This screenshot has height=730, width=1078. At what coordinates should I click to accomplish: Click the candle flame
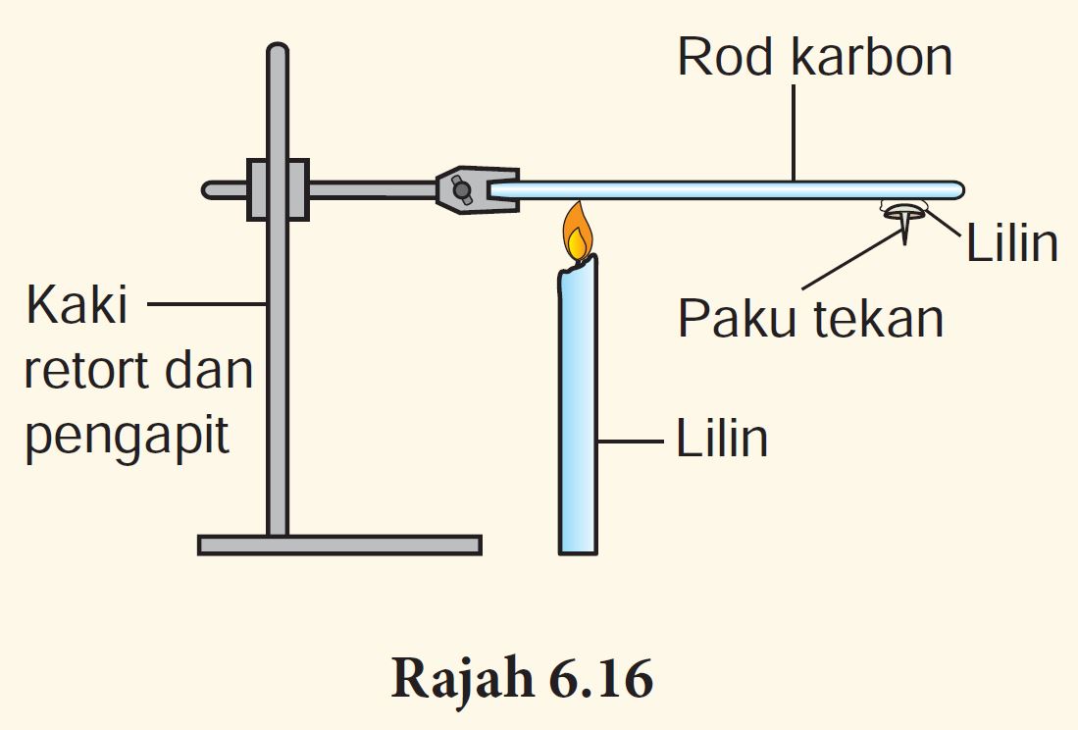(578, 234)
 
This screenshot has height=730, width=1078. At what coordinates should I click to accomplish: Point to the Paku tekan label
(810, 318)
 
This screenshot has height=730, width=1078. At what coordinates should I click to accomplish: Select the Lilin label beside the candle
(721, 440)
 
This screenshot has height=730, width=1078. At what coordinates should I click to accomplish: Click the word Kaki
(77, 306)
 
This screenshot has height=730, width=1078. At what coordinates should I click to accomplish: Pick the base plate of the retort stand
(339, 545)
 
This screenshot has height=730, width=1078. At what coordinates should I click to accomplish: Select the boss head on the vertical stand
(278, 189)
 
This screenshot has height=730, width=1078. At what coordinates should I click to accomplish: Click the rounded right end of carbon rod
(956, 188)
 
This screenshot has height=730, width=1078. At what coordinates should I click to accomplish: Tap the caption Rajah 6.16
(522, 680)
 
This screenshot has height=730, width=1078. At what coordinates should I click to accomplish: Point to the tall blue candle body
(578, 412)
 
